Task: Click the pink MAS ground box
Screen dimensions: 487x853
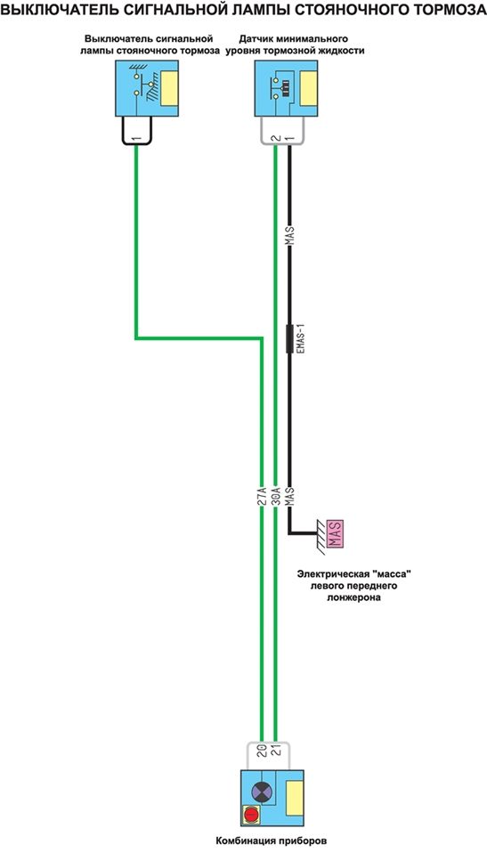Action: pyautogui.click(x=335, y=533)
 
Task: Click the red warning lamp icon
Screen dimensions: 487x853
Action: pyautogui.click(x=250, y=815)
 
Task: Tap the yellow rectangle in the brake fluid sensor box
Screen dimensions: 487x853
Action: pyautogui.click(x=309, y=87)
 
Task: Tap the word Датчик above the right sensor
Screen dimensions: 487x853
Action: pyautogui.click(x=256, y=40)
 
